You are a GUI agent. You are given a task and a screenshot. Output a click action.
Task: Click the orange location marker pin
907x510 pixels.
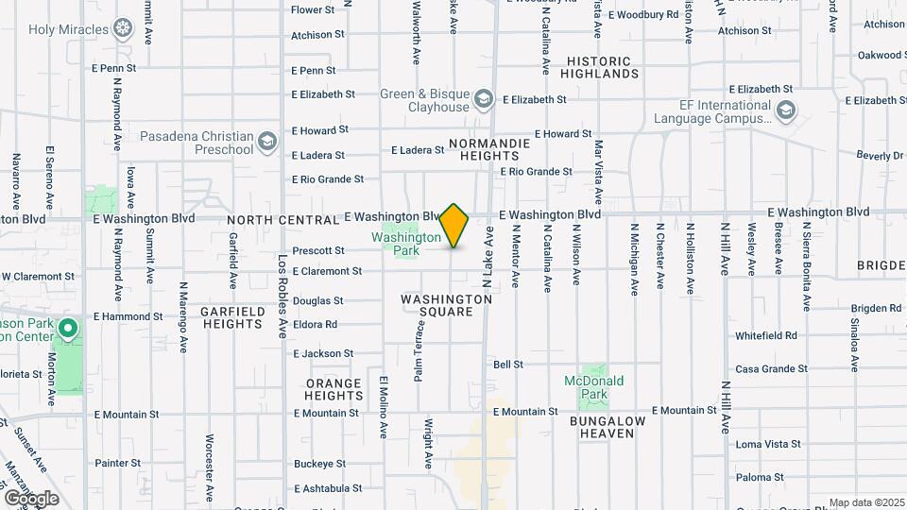coord(454,226)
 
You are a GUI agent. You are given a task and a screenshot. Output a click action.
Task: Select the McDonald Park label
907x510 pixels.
coord(594,387)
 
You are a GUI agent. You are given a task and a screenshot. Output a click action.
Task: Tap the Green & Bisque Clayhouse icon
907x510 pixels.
coord(484,99)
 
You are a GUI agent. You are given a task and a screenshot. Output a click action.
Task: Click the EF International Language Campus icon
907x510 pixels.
coord(785,112)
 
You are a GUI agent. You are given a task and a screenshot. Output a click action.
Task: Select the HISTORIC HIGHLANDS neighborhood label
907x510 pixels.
coord(603,67)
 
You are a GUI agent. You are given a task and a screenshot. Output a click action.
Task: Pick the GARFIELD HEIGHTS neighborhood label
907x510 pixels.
coord(231,316)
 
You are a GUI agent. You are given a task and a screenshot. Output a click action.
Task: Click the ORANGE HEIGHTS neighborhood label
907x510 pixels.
coord(334,389)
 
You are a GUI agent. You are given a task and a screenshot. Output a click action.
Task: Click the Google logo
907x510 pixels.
coord(31,498)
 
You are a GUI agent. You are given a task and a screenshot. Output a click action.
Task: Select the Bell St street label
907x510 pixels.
coord(508,364)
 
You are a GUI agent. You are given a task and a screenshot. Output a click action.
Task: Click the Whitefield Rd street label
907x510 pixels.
coord(766,335)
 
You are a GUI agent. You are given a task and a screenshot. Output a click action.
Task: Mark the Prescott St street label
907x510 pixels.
coord(318,250)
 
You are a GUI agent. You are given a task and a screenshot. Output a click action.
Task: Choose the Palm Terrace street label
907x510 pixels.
coord(419,350)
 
